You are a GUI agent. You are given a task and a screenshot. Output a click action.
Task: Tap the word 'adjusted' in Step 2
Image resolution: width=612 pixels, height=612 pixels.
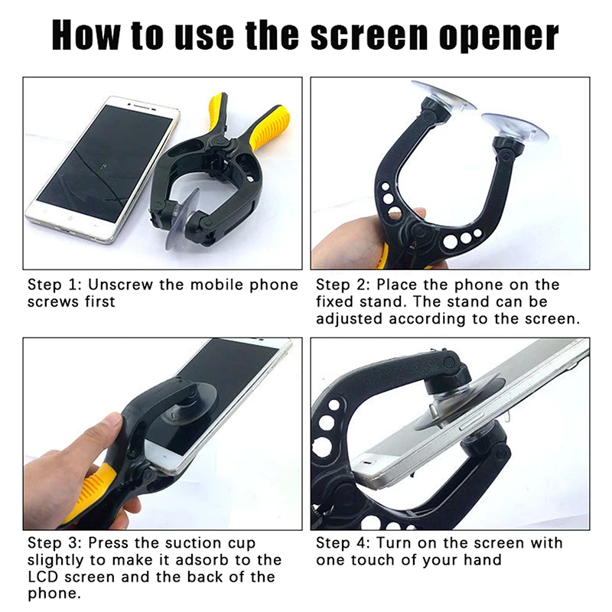pos(350,318)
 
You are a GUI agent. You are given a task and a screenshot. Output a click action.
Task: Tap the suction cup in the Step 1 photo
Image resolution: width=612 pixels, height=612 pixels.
pos(181,221)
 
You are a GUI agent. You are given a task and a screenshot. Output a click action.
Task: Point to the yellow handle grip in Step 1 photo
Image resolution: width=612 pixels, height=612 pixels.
pos(267,127)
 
